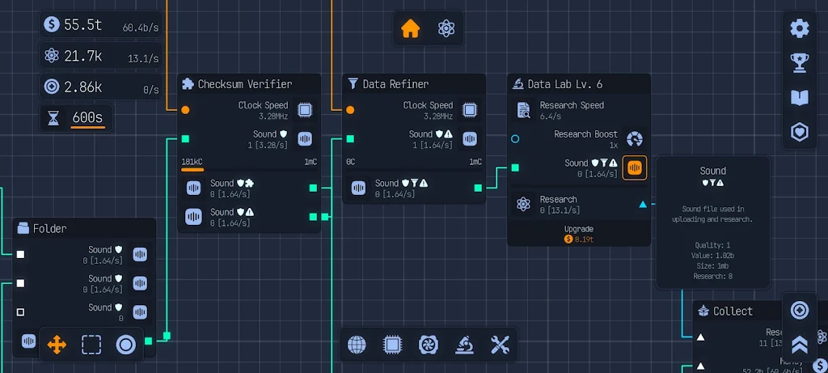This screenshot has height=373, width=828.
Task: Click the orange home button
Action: (x=411, y=28)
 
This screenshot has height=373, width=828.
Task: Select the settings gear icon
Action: (x=800, y=28)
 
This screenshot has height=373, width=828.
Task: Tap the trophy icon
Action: (x=800, y=62)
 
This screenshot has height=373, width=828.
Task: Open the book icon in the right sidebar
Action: (x=800, y=97)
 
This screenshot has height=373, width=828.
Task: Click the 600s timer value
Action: (x=87, y=117)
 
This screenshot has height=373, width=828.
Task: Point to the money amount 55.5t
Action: (x=82, y=25)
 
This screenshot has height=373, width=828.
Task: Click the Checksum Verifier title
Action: (x=244, y=84)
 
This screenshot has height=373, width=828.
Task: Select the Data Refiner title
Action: (x=395, y=84)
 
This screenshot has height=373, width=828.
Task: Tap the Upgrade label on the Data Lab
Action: (x=579, y=229)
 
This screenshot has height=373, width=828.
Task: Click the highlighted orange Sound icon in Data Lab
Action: (x=635, y=167)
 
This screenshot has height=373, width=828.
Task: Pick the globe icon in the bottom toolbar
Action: (x=357, y=345)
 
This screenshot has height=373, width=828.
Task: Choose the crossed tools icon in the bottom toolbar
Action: (x=500, y=345)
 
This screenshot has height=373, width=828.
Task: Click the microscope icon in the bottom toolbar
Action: (x=464, y=345)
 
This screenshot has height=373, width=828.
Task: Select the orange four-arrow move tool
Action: (x=57, y=345)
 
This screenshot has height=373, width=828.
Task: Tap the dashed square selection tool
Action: (x=91, y=345)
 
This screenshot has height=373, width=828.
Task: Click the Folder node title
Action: (x=49, y=229)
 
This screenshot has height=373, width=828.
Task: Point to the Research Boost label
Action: (x=585, y=134)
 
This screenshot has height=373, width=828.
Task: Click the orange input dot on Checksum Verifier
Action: (x=185, y=109)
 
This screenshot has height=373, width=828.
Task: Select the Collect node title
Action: (x=733, y=312)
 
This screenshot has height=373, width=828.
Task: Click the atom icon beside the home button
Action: (x=446, y=28)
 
